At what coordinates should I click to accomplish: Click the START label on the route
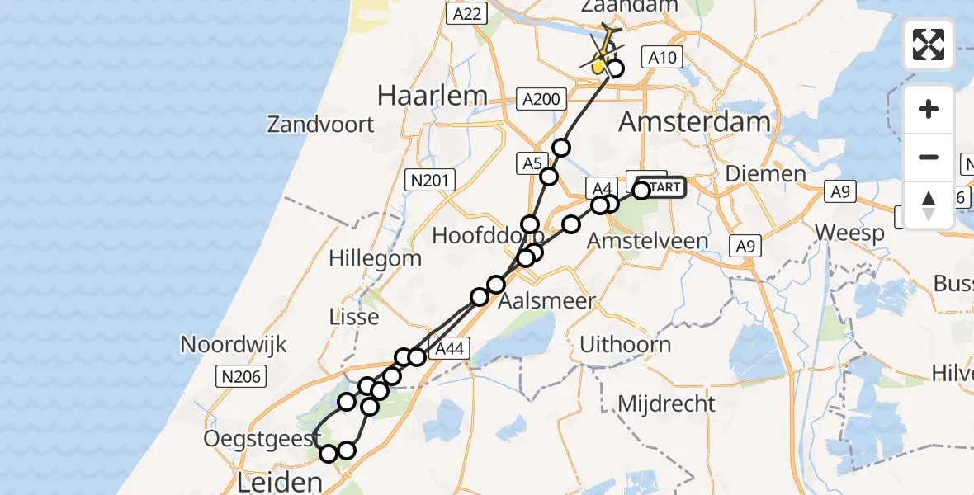pyautogui.click(x=662, y=188)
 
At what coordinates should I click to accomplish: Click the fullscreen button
pyautogui.click(x=929, y=44)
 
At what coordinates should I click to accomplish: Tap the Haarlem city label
pyautogui.click(x=432, y=96)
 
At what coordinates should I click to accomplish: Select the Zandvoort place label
pyautogui.click(x=320, y=125)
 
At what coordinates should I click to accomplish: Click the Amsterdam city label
pyautogui.click(x=694, y=123)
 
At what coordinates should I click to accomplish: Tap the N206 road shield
pyautogui.click(x=240, y=378)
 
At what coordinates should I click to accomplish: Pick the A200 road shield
pyautogui.click(x=542, y=100)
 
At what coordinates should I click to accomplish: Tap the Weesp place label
pyautogui.click(x=849, y=232)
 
